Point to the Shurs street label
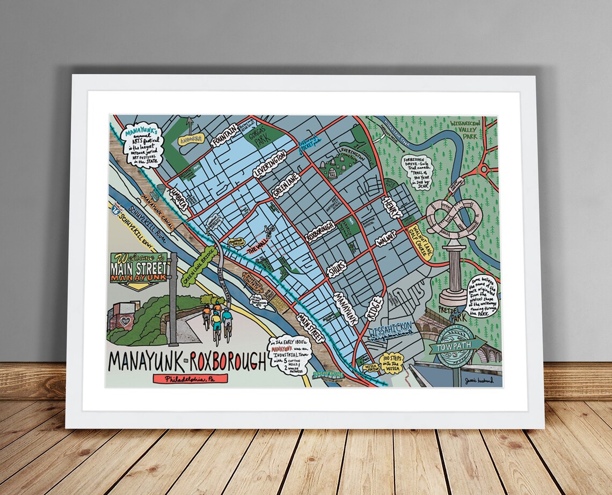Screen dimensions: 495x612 [x=337, y=267]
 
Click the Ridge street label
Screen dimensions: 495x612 [x=375, y=308]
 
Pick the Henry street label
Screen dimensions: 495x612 [x=392, y=206]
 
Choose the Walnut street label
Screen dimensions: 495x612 [x=385, y=239]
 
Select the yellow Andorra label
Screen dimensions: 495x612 [x=191, y=139]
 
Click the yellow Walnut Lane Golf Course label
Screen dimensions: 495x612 [x=422, y=242]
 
